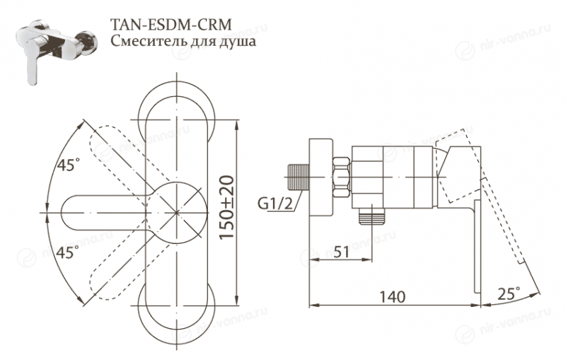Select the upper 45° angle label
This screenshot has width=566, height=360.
click(x=69, y=167)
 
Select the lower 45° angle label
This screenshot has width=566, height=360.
click(x=69, y=253)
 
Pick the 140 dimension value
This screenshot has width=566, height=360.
click(x=390, y=296)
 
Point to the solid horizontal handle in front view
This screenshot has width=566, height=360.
click(x=92, y=210)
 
